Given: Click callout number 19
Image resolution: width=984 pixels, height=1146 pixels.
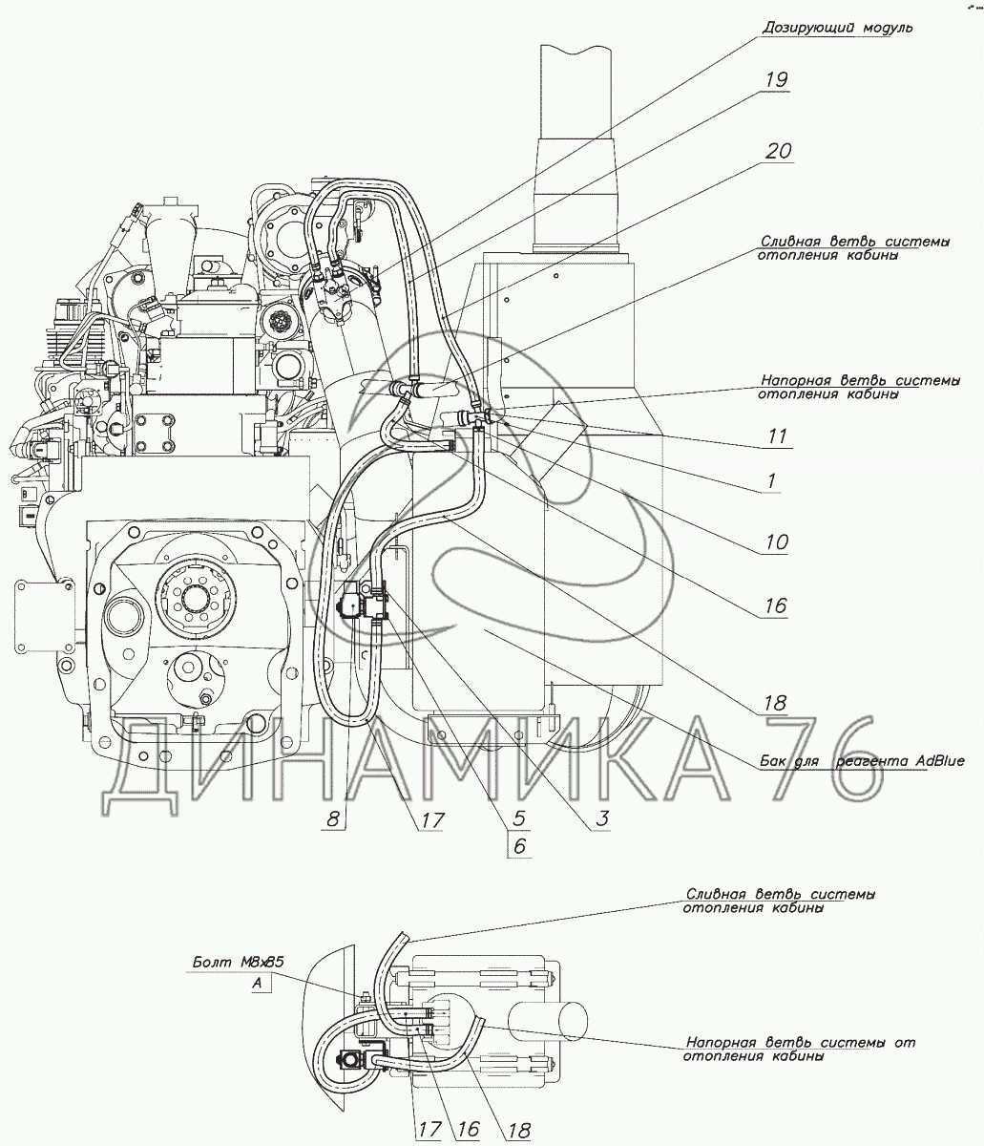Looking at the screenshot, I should [776, 79].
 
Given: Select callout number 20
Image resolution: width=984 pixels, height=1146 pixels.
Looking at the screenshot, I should [778, 151].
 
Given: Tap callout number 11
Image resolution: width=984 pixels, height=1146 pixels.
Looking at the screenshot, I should [777, 436].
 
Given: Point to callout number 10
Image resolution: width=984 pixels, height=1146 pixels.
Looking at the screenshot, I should [775, 542].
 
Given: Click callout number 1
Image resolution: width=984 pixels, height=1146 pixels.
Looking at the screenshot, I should [768, 482].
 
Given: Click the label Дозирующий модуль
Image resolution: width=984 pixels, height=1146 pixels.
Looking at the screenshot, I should [837, 28].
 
